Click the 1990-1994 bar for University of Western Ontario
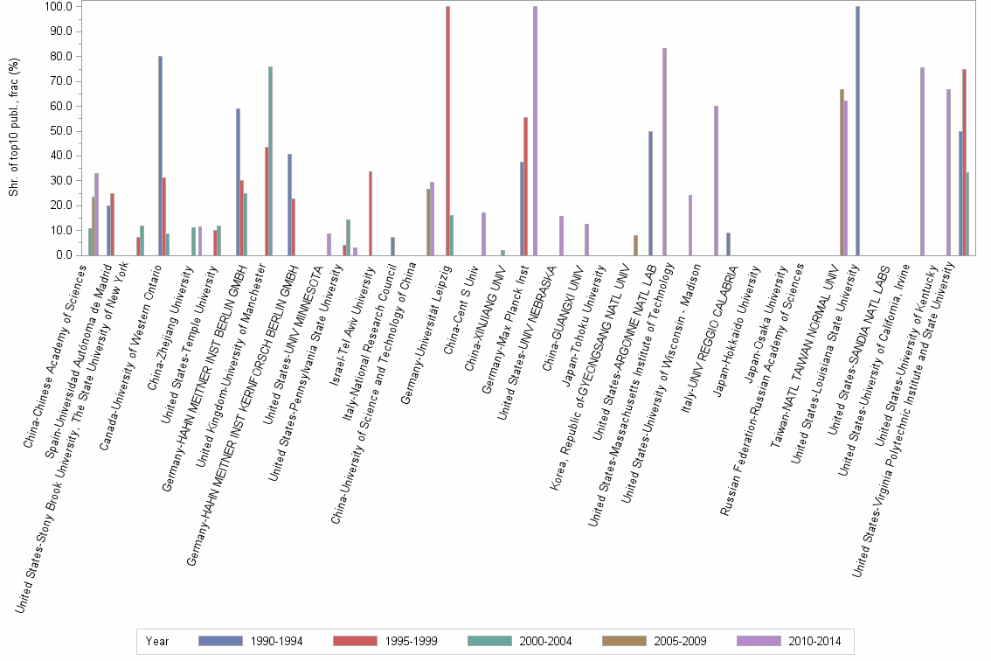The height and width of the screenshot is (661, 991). pyautogui.click(x=160, y=156)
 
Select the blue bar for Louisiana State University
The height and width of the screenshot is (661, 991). pyautogui.click(x=858, y=131)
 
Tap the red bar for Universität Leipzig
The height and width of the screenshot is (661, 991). pyautogui.click(x=447, y=131)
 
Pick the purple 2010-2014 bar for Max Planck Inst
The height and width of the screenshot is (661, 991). pyautogui.click(x=535, y=131)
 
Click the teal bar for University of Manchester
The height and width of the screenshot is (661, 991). pyautogui.click(x=270, y=161)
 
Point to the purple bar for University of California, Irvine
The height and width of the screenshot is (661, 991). pyautogui.click(x=922, y=162)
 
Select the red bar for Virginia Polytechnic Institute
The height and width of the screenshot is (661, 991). pyautogui.click(x=964, y=163)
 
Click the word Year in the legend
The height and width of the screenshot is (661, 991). pyautogui.click(x=158, y=642)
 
